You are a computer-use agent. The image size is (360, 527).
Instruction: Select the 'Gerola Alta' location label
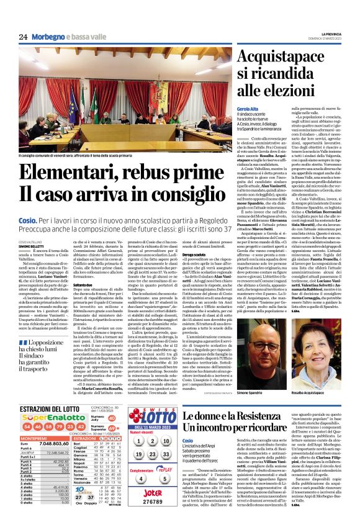coord(250,108)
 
